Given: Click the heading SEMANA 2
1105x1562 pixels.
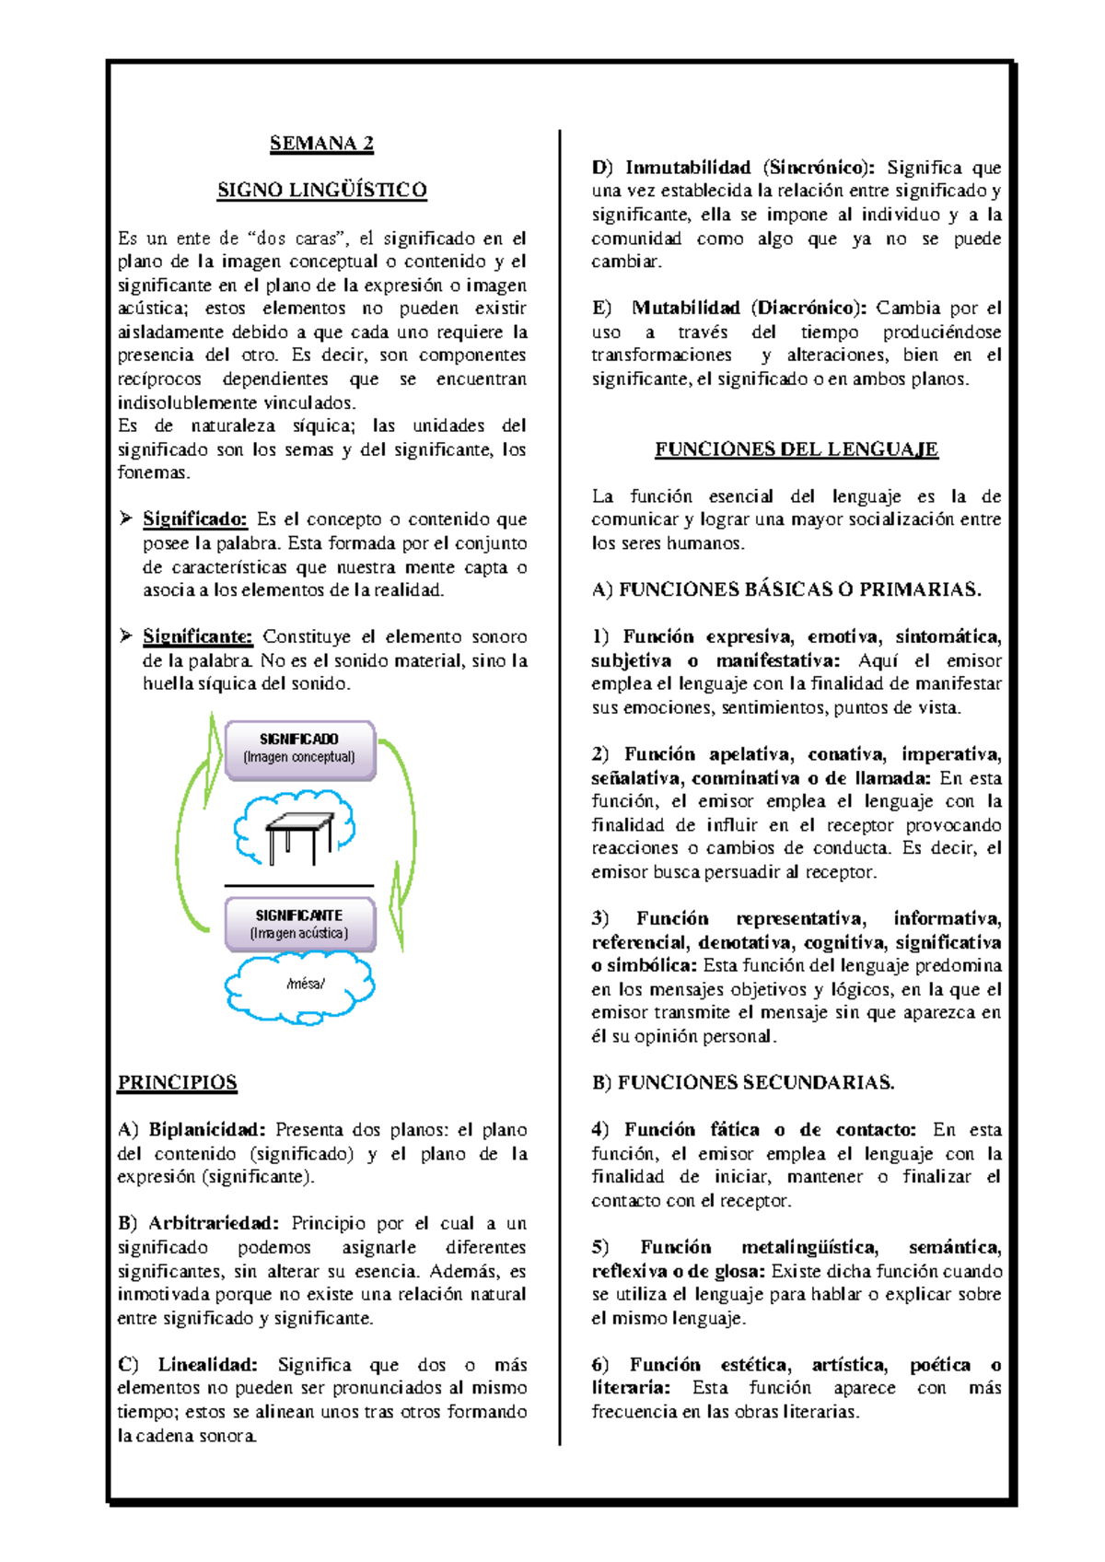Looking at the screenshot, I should point(321,143).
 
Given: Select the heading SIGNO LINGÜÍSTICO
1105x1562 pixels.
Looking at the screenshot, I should point(321,190).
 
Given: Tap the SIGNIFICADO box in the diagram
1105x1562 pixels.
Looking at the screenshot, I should point(299,749).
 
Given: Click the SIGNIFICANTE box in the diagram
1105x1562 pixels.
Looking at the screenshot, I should point(299,924).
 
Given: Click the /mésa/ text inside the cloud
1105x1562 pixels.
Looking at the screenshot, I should point(305,984).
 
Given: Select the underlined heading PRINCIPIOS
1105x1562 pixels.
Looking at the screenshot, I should point(177,1082).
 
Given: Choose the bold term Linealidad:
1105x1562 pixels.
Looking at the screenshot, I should point(207,1364).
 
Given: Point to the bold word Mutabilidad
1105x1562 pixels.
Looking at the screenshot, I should point(686,308).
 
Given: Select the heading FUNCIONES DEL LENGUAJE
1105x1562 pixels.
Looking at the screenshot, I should point(796,449).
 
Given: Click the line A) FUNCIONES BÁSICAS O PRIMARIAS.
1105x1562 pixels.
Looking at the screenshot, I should point(785,589).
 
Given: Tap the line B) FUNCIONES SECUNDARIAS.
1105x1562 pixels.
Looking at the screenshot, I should point(742,1082).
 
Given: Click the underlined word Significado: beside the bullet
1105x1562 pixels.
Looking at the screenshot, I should point(194,519).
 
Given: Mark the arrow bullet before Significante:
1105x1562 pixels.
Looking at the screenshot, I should point(126,635).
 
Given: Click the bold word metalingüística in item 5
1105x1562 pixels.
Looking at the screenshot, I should point(809,1247).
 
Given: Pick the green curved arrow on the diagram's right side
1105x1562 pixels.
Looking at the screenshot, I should point(405,829).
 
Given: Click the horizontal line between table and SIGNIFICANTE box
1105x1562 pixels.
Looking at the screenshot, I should point(299,886).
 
